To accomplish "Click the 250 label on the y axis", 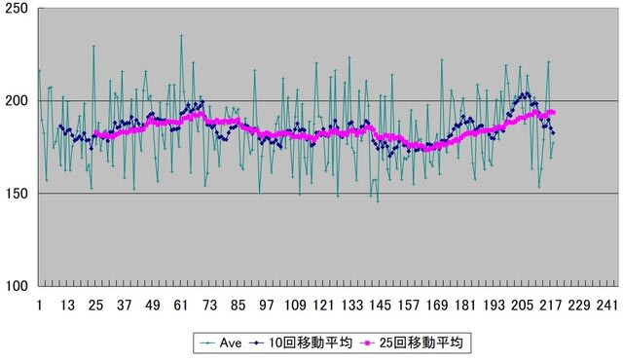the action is pyautogui.click(x=17, y=9).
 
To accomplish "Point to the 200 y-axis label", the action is pyautogui.click(x=17, y=101).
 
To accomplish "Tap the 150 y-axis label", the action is pyautogui.click(x=17, y=194).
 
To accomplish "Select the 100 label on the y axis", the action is pyautogui.click(x=17, y=286).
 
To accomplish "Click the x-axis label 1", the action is pyautogui.click(x=39, y=306).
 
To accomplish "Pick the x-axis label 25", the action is pyautogui.click(x=95, y=306).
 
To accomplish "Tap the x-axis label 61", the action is pyautogui.click(x=181, y=306).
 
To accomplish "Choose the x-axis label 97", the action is pyautogui.click(x=266, y=306).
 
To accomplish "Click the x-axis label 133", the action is pyautogui.click(x=352, y=306).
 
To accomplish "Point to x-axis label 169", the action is pyautogui.click(x=437, y=306).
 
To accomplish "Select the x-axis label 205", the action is pyautogui.click(x=522, y=306).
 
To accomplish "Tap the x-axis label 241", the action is pyautogui.click(x=607, y=306).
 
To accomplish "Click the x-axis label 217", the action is pyautogui.click(x=551, y=306).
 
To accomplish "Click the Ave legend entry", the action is pyautogui.click(x=221, y=342).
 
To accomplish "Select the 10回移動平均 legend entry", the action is pyautogui.click(x=301, y=342).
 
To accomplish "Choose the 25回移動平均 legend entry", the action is pyautogui.click(x=411, y=342).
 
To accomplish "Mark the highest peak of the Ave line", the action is pyautogui.click(x=181, y=35).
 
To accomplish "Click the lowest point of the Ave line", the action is pyautogui.click(x=378, y=201).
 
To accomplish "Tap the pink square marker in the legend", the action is pyautogui.click(x=368, y=343).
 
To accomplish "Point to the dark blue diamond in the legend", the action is pyautogui.click(x=257, y=343).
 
